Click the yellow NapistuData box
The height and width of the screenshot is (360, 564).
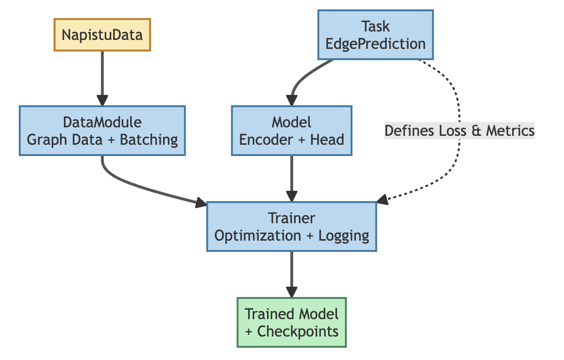pos(102,34)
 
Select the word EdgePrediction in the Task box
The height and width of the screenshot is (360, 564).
pos(376,44)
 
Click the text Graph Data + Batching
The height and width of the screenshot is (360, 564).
pos(102,140)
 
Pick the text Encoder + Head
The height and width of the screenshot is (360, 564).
pos(291,140)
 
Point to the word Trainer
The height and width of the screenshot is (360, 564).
pos(291,218)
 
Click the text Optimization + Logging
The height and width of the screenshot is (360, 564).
pos(291,235)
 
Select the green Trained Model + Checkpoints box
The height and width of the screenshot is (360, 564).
pos(291,322)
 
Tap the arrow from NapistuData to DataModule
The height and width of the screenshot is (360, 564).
pos(102,75)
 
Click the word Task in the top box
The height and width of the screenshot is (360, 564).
pos(376,27)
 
